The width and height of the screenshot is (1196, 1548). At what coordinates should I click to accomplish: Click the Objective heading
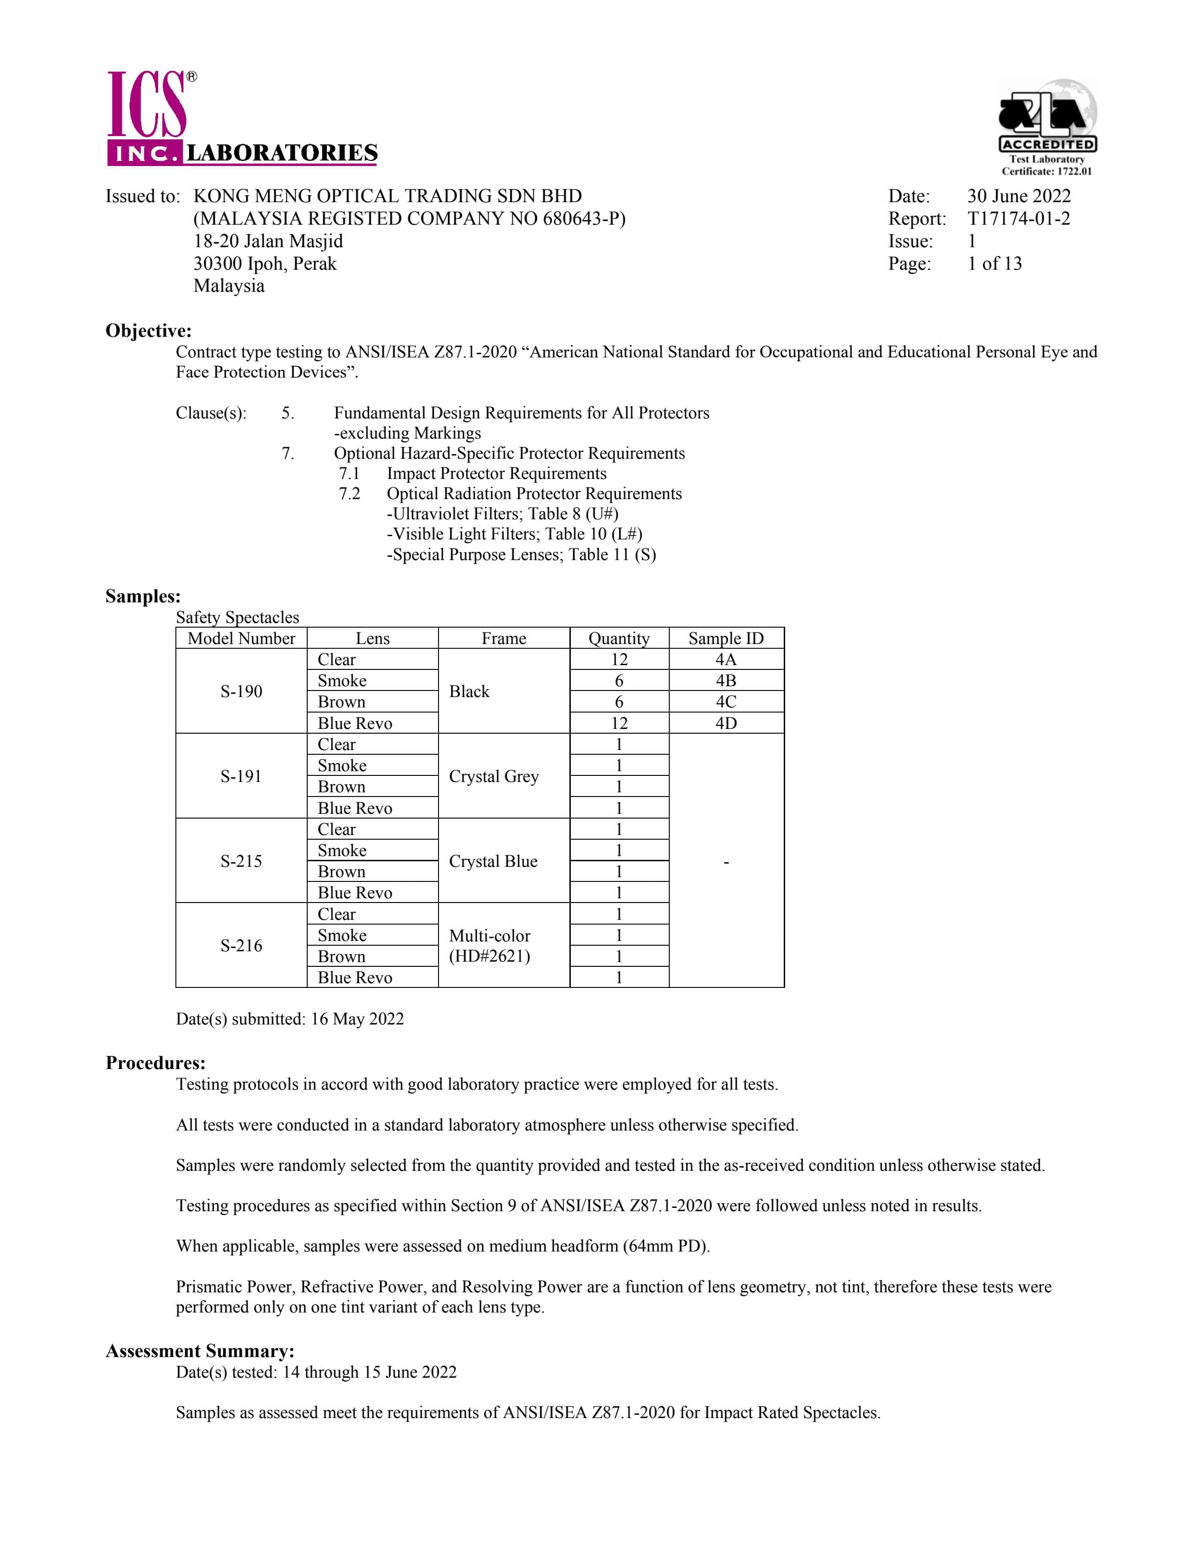pos(148,331)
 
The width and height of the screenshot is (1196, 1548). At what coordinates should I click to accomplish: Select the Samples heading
pos(143,596)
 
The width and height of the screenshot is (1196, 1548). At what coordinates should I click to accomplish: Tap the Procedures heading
pos(155,1062)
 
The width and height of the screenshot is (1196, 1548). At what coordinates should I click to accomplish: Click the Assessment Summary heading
pos(200,1351)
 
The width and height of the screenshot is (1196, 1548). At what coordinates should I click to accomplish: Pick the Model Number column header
pos(241,638)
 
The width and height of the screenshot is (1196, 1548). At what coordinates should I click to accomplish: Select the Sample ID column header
pos(726,638)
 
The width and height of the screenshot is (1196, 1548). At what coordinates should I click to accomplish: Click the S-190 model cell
pos(241,691)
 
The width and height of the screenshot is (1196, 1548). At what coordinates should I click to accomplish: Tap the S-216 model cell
pos(241,946)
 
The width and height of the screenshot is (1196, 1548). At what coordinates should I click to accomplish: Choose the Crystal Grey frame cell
pos(494,776)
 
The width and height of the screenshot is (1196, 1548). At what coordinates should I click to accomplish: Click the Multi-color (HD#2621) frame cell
pos(490,946)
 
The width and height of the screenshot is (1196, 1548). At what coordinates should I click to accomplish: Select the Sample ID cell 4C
pos(726,702)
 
